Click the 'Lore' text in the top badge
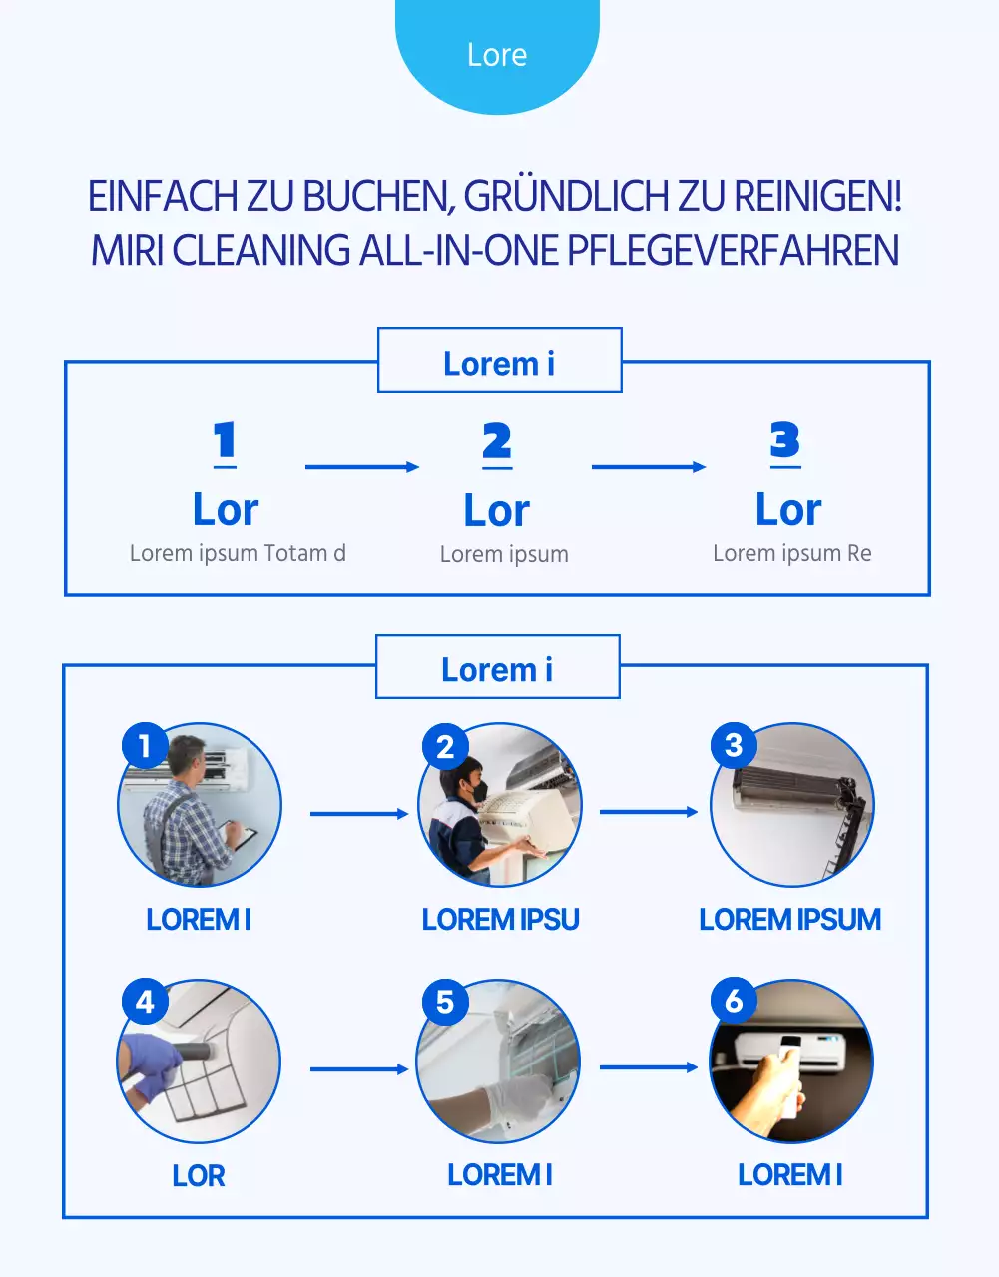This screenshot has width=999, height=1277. click(x=497, y=55)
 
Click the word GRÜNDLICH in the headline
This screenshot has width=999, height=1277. click(x=567, y=197)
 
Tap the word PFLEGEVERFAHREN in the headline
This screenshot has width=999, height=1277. click(x=733, y=250)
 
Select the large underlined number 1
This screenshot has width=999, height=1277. click(x=225, y=441)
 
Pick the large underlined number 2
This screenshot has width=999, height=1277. click(x=497, y=442)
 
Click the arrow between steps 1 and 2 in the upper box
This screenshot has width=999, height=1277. click(x=361, y=466)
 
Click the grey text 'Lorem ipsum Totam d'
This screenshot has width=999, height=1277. click(x=238, y=553)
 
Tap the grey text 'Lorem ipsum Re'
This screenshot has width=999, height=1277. click(x=791, y=553)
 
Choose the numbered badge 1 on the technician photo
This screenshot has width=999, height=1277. click(x=145, y=746)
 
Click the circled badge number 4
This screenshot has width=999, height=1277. click(x=145, y=1002)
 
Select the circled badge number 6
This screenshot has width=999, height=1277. click(x=734, y=1001)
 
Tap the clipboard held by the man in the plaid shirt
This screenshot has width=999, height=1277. click(x=241, y=836)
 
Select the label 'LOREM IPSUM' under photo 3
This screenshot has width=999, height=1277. click(x=789, y=919)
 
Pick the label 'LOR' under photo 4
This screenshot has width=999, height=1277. click(x=198, y=1175)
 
